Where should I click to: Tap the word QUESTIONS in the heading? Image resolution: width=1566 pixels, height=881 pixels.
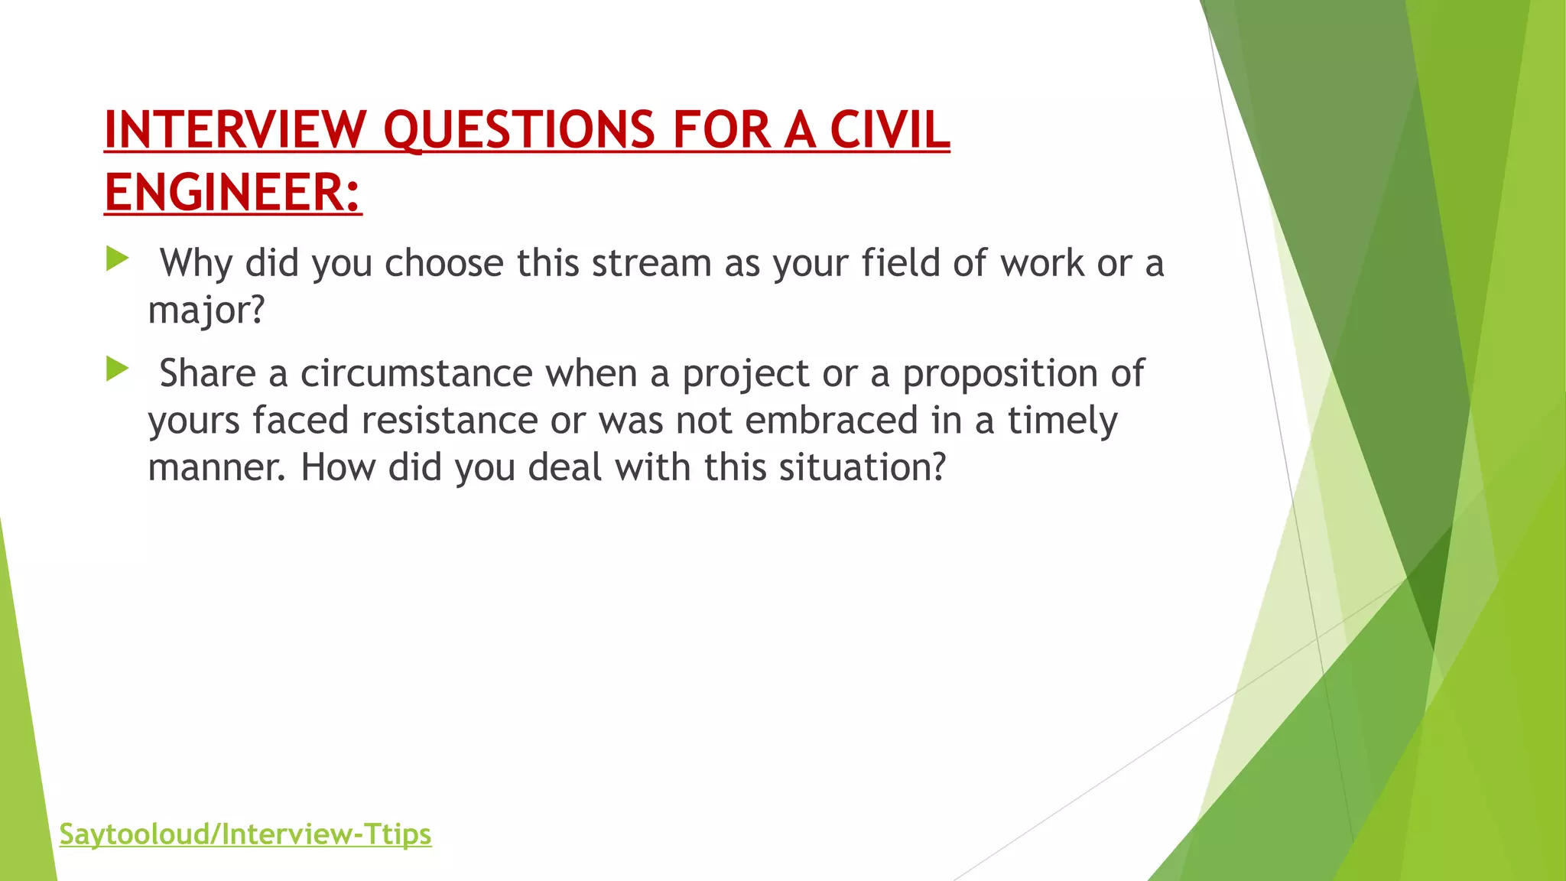click(x=519, y=129)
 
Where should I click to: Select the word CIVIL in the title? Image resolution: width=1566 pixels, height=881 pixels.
click(x=889, y=129)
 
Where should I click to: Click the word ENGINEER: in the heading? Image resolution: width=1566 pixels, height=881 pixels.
click(x=232, y=192)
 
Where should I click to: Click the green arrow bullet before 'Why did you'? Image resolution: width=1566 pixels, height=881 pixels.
click(x=117, y=258)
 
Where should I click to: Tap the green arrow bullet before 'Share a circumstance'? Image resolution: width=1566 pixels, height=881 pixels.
click(x=117, y=369)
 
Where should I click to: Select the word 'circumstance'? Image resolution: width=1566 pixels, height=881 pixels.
click(x=416, y=374)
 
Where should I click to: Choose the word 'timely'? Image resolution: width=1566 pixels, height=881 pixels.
click(x=1062, y=421)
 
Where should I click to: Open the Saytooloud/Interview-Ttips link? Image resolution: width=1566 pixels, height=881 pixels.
click(x=245, y=834)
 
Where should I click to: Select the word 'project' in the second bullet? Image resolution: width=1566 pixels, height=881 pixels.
click(x=746, y=374)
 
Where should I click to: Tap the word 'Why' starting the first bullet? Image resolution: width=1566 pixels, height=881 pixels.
click(x=196, y=263)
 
